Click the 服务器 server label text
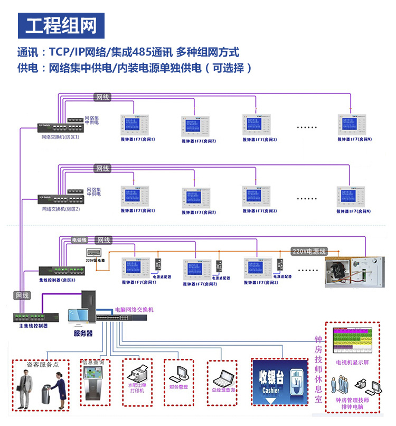click(83, 334)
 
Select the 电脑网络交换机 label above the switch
click(134, 309)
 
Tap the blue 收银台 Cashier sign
click(279, 382)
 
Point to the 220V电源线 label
click(309, 252)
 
